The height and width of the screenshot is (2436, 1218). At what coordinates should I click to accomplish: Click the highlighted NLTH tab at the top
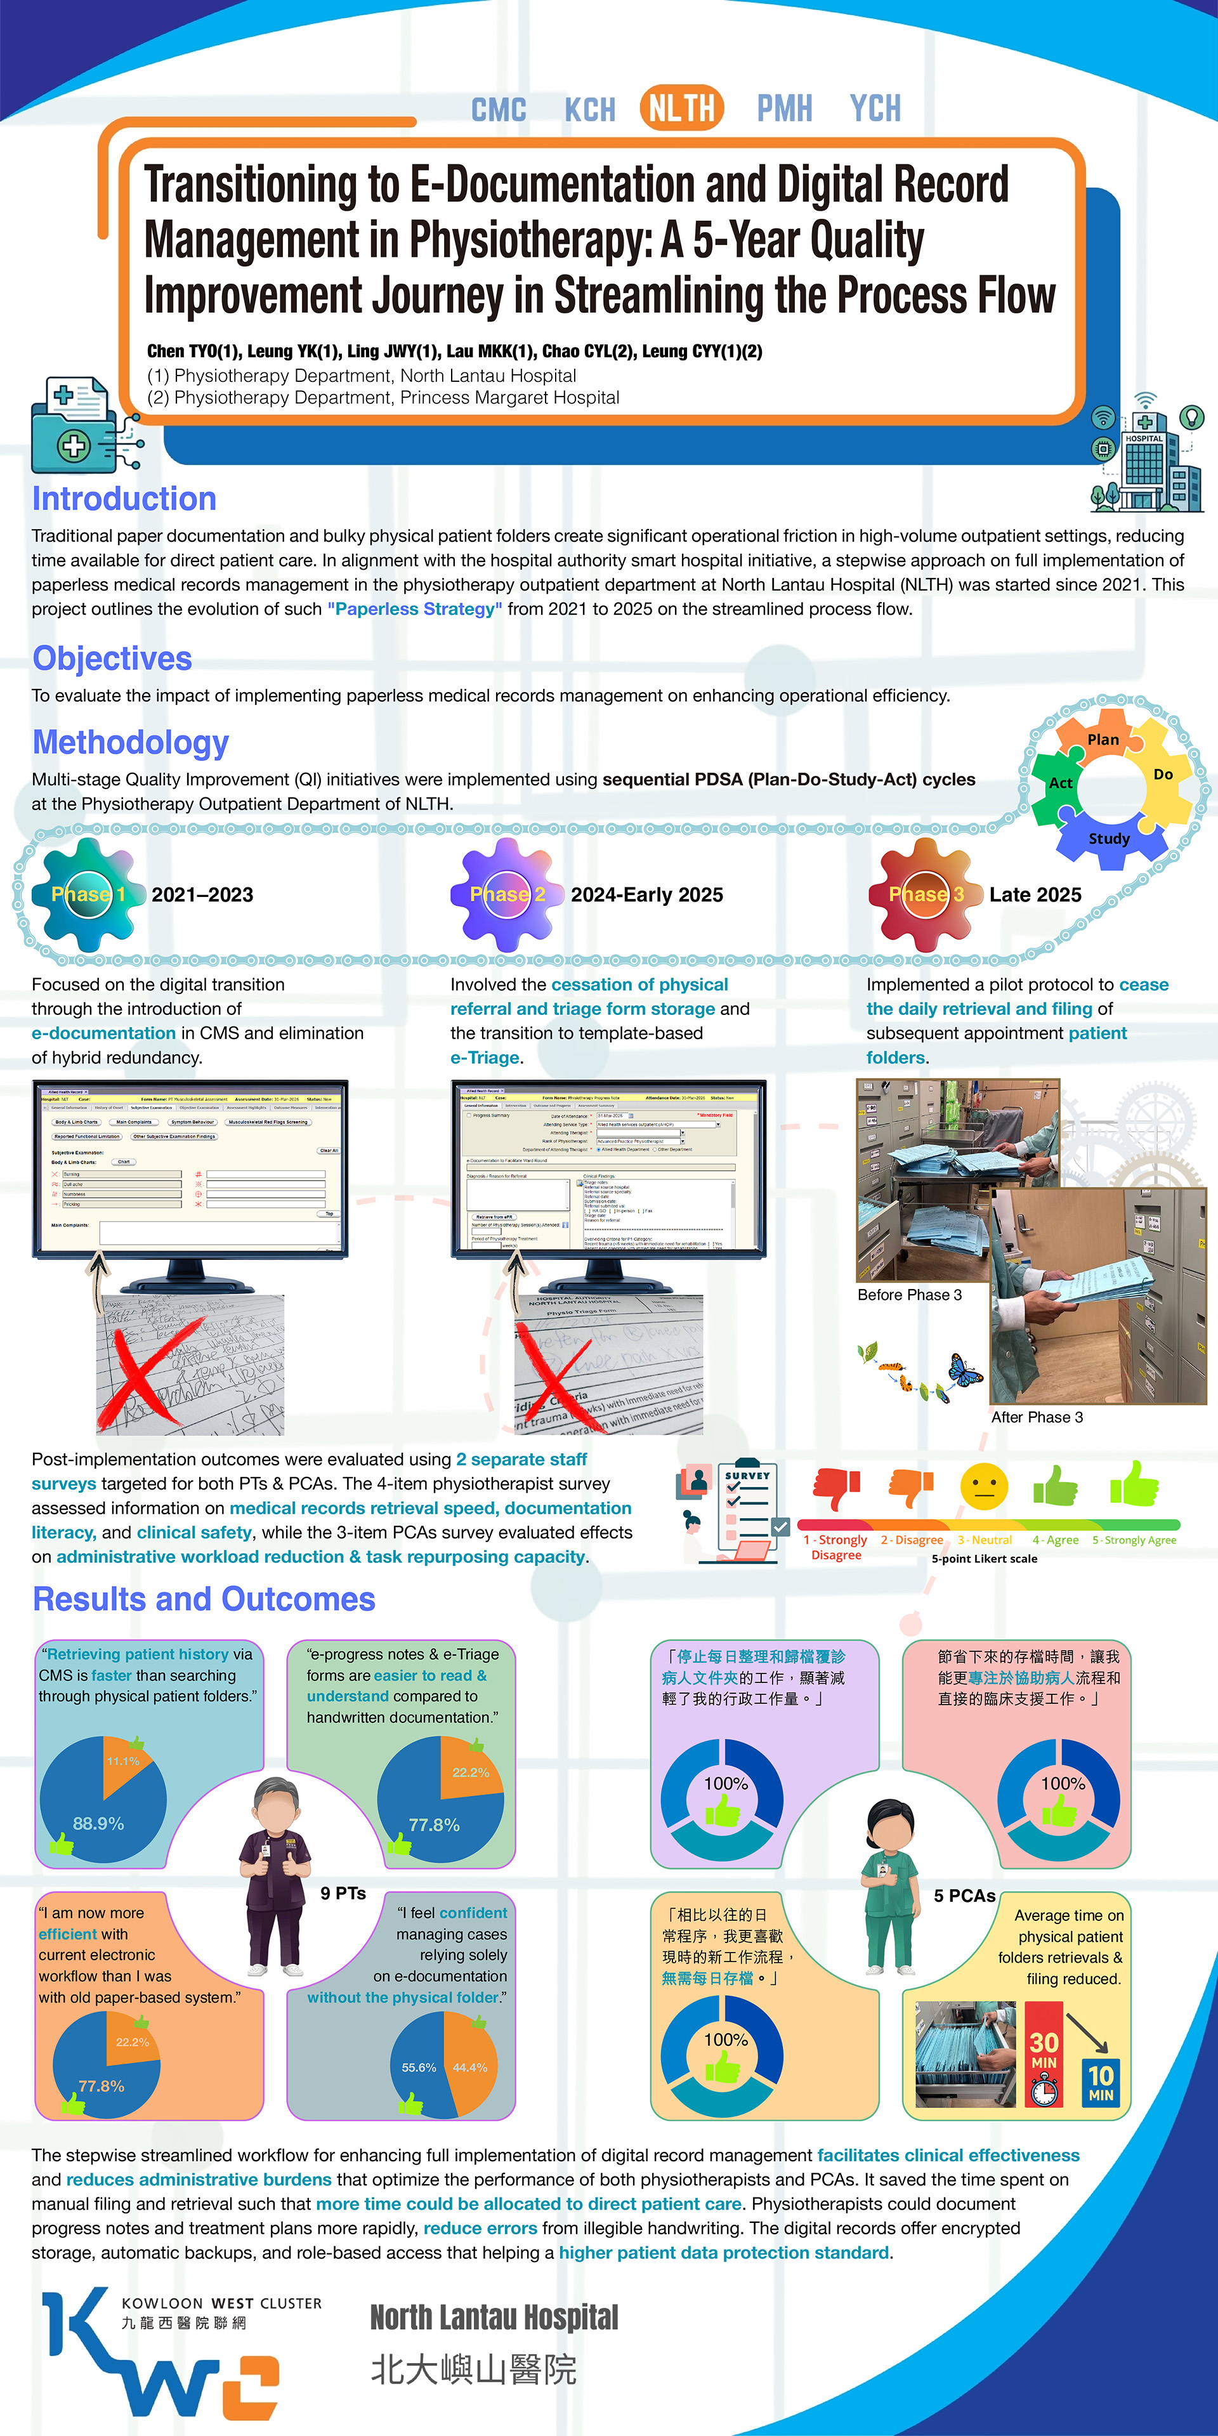coord(681,108)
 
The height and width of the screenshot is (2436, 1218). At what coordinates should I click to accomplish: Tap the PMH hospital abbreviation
coord(784,108)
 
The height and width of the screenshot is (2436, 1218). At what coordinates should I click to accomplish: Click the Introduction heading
coord(124,499)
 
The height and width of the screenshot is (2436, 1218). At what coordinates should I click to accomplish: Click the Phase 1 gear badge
coord(88,894)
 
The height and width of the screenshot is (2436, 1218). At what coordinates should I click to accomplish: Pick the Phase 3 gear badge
coord(926,894)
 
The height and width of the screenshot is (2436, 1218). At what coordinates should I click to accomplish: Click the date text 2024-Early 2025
coord(647,894)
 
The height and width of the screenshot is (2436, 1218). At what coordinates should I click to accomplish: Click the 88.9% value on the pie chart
coord(98,1823)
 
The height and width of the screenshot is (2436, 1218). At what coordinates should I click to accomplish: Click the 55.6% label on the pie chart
coord(419,2067)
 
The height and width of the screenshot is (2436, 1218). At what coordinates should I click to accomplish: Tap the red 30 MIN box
coord(1044,2054)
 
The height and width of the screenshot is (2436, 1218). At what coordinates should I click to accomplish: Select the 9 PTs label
coord(343,1893)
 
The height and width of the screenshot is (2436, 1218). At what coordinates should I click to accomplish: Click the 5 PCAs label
coord(964,1896)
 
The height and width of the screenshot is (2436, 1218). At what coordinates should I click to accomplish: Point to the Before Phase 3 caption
coord(910,1295)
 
